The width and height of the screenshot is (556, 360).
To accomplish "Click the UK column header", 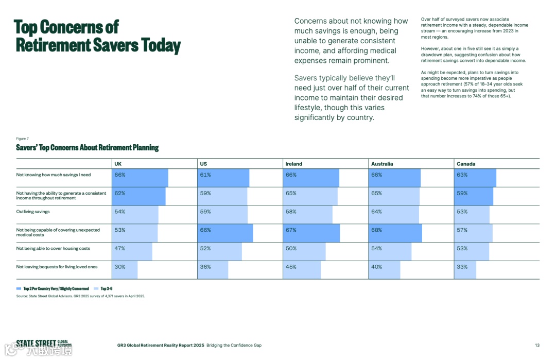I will pyautogui.click(x=118, y=164).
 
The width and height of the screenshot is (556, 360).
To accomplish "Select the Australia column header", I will pyautogui.click(x=382, y=164).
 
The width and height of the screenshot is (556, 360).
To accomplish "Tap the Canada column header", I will pyautogui.click(x=466, y=164).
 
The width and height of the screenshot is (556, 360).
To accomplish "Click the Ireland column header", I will pyautogui.click(x=294, y=164).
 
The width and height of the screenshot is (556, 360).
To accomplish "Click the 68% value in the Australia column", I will pyautogui.click(x=377, y=230).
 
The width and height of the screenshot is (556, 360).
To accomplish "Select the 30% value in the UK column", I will pyautogui.click(x=119, y=267).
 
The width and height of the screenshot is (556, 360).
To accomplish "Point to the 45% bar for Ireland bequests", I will pyautogui.click(x=302, y=270).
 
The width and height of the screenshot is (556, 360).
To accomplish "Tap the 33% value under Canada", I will pyautogui.click(x=462, y=267).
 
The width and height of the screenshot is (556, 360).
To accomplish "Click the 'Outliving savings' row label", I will pyautogui.click(x=33, y=212).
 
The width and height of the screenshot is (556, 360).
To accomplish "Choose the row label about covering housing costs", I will pyautogui.click(x=53, y=248).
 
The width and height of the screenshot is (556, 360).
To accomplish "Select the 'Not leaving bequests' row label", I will pyautogui.click(x=57, y=267).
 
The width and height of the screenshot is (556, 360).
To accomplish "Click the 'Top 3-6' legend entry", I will pyautogui.click(x=106, y=289).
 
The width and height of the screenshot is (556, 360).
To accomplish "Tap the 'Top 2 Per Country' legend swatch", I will pyautogui.click(x=19, y=289).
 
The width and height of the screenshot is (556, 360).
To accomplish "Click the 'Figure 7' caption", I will pyautogui.click(x=22, y=139).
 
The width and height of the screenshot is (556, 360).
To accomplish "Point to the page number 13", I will pyautogui.click(x=537, y=345).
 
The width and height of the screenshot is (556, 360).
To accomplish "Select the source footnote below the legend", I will pyautogui.click(x=80, y=296).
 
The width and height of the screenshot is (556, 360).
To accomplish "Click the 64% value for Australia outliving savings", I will pyautogui.click(x=377, y=212).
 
